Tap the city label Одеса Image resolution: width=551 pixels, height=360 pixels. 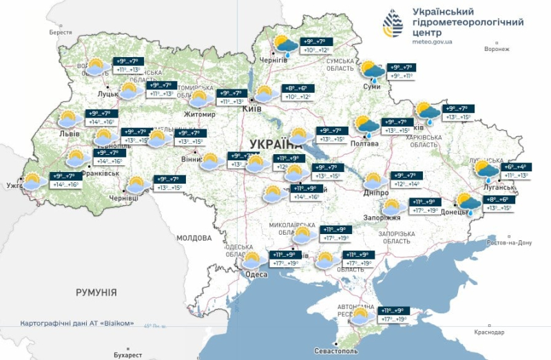[x=256, y=274]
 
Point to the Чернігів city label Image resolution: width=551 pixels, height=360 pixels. [x=273, y=60]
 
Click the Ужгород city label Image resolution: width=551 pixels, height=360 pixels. [x=15, y=186]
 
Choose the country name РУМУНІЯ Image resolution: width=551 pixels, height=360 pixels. [x=96, y=293]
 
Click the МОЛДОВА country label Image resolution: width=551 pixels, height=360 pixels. [x=194, y=237]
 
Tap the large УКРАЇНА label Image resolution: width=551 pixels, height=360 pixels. [x=275, y=144]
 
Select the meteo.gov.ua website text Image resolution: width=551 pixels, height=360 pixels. [x=433, y=42]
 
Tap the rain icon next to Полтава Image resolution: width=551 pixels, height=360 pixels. [x=364, y=126]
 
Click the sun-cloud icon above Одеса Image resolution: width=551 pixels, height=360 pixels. [x=252, y=260]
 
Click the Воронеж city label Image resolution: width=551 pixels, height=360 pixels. [x=496, y=50]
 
